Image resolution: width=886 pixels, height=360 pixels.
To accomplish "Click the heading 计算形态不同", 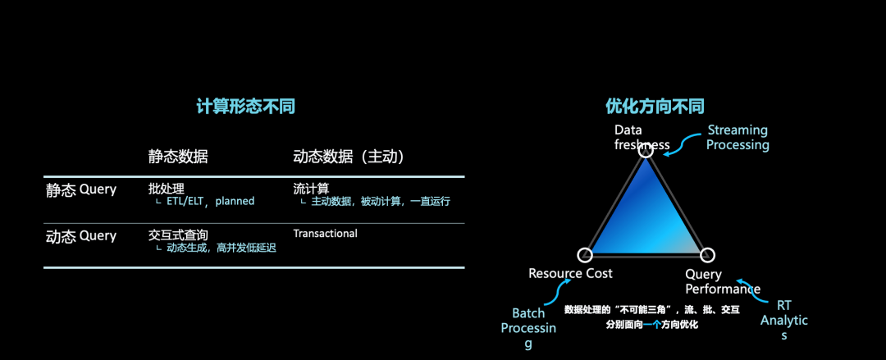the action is click(x=245, y=107).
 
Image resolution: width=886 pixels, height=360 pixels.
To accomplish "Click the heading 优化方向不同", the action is click(x=655, y=107).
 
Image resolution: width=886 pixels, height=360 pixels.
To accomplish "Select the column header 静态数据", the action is click(x=178, y=157).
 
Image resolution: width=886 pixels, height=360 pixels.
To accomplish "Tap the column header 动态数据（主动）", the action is click(x=349, y=157).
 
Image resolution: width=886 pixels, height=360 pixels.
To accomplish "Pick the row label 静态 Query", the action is click(x=80, y=190).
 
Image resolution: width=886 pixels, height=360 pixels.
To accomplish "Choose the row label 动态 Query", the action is click(x=80, y=236).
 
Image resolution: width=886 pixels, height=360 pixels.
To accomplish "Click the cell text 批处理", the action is click(x=167, y=189).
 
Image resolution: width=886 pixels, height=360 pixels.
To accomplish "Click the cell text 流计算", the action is click(x=311, y=189).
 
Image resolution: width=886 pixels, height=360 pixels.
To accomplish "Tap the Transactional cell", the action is click(x=326, y=234).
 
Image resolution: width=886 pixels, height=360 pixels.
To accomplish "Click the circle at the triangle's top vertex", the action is click(x=646, y=149).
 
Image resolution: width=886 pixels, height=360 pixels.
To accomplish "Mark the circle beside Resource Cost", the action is click(x=585, y=255).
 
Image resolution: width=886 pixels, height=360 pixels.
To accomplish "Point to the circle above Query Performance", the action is click(x=708, y=255).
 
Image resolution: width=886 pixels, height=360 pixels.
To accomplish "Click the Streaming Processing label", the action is click(x=738, y=137).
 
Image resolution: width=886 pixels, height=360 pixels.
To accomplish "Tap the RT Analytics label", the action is click(x=784, y=320).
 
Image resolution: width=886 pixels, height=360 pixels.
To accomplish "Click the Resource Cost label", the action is click(x=570, y=273).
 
